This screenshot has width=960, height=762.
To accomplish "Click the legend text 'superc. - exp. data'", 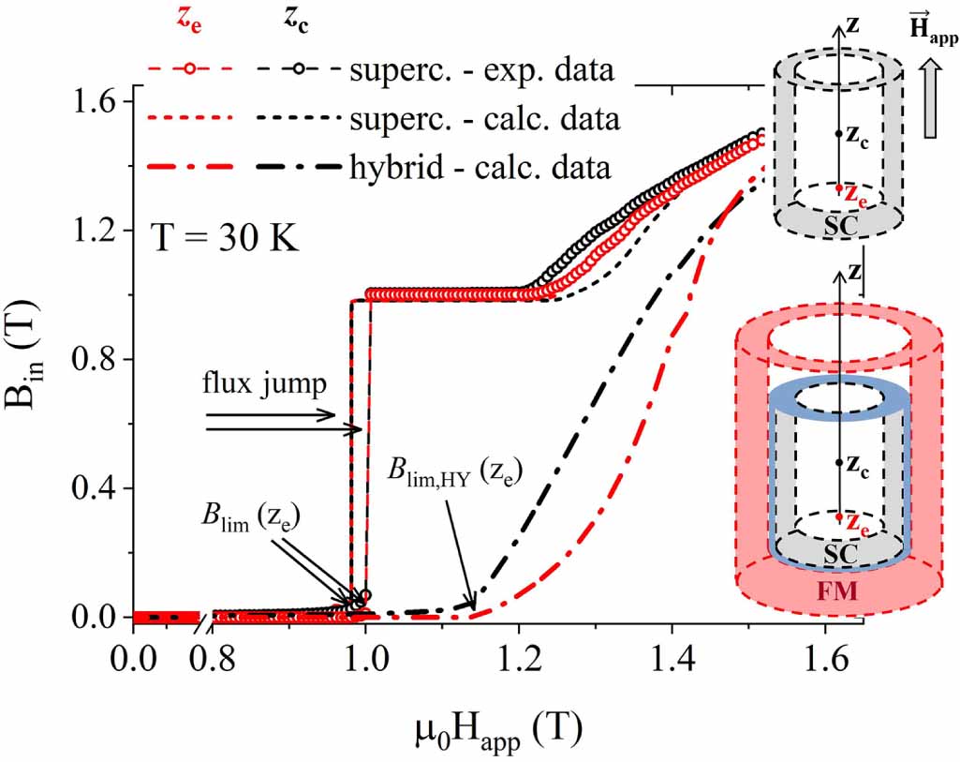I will (x=481, y=70).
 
